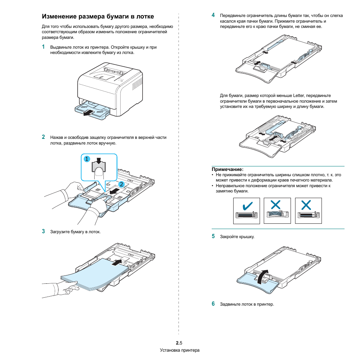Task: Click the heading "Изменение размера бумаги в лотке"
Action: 98,17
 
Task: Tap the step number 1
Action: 43,47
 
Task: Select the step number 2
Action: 43,137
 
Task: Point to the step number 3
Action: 43,231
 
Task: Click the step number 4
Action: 213,15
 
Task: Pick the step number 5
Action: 213,236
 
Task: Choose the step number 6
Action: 213,304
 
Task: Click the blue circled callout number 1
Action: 86,159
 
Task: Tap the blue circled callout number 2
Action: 122,184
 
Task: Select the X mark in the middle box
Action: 276,205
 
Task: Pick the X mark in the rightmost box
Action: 306,205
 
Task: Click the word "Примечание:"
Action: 228,169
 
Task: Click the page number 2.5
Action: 179,343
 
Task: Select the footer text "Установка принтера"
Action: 180,350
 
